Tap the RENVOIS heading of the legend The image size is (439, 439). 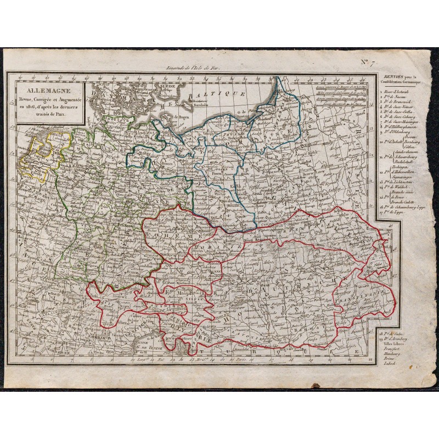(392, 76)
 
